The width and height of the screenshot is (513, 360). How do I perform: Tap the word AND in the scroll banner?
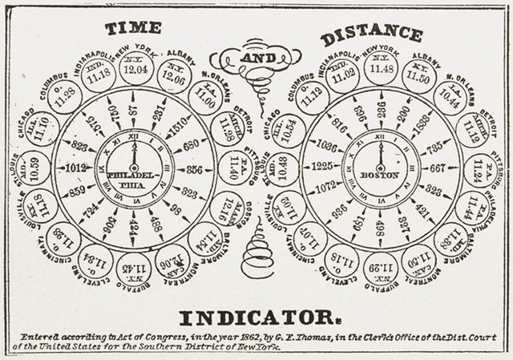click(x=256, y=57)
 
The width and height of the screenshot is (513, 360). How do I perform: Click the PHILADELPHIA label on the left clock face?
click(x=134, y=178)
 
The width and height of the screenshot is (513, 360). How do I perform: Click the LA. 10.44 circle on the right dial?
click(x=450, y=95)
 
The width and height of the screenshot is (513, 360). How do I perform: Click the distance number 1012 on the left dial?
click(x=77, y=168)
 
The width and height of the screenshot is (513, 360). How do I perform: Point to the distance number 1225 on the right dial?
click(x=322, y=167)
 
